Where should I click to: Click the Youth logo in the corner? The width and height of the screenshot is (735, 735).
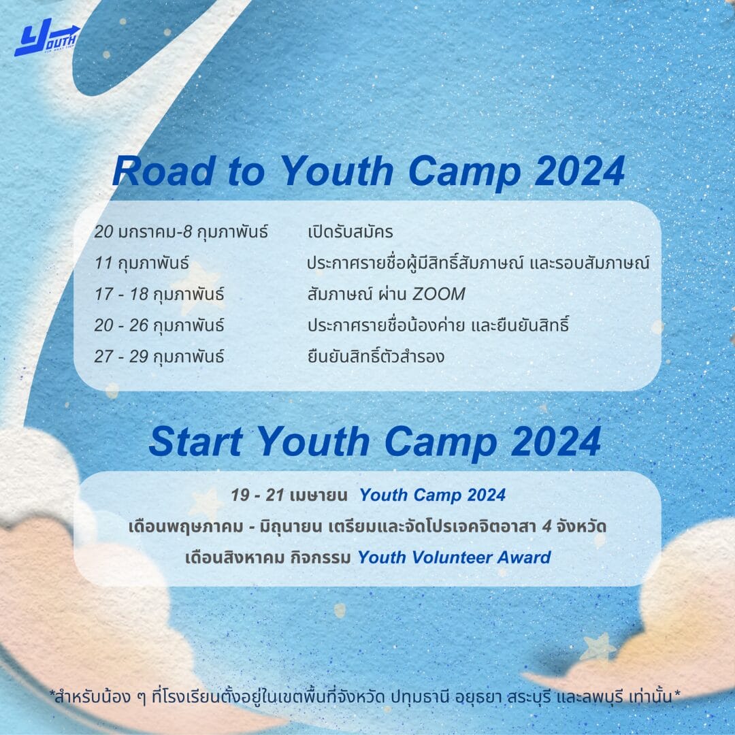pos(47,37)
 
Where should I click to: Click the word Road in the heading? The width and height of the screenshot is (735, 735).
pos(164,171)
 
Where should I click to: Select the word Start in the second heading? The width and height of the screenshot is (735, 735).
pos(196,442)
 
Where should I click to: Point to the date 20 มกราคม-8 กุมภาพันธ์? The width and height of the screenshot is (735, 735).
pos(181,231)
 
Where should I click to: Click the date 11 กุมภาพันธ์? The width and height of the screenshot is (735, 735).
pos(142,263)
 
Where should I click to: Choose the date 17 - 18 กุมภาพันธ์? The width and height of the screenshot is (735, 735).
pos(159,295)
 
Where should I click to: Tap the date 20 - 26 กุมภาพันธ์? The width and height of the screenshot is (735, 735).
pos(159,325)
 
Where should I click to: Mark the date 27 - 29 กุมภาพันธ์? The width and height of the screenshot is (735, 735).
pos(159,357)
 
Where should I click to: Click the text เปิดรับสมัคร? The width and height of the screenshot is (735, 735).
pos(350,231)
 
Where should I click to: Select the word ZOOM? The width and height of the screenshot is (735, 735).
pos(439,295)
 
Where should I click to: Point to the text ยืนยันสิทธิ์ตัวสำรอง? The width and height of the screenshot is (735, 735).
pos(376,356)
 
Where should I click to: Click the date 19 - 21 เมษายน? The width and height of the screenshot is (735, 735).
pos(289,495)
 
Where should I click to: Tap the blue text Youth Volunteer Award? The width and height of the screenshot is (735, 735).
pos(454,557)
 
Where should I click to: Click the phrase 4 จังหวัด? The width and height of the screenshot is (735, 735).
pos(574,526)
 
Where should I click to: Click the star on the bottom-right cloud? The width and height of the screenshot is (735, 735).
pos(598,647)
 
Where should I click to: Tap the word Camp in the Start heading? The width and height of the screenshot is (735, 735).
pos(440,442)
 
